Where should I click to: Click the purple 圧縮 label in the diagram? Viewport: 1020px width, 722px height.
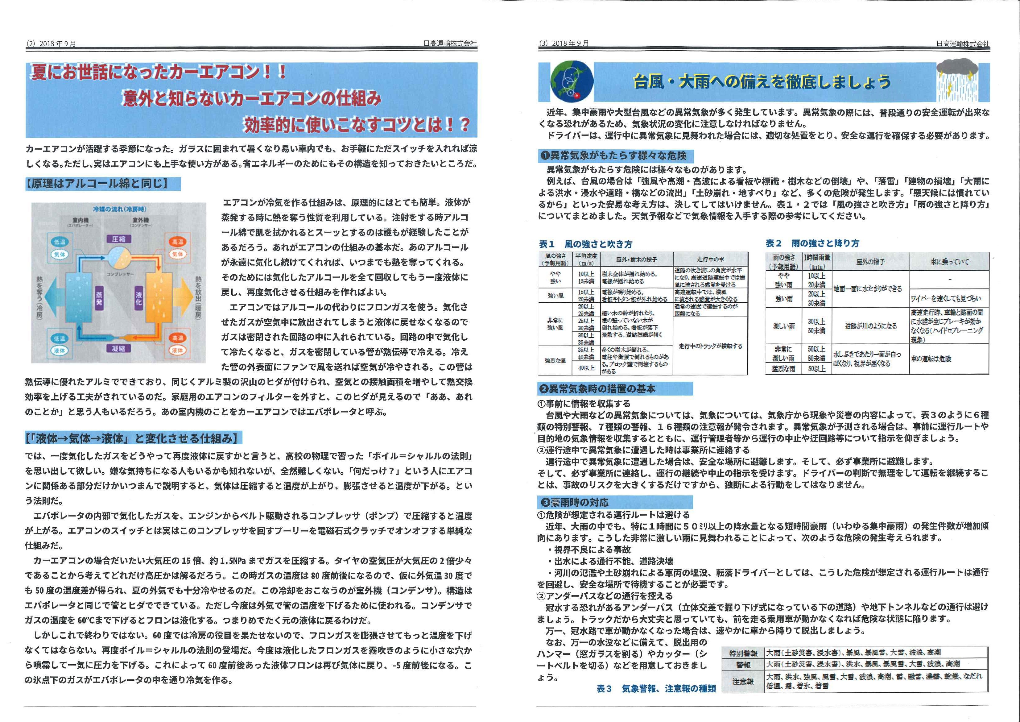pos(119,239)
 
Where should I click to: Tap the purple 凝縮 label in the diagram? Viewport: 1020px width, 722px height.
pos(119,348)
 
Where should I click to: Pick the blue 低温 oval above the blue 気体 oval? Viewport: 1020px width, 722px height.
pos(59,241)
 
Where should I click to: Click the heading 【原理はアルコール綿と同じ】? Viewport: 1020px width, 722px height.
pos(103,184)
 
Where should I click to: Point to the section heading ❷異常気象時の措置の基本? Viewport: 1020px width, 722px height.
pos(598,388)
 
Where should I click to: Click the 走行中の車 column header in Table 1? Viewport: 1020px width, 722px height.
pos(710,259)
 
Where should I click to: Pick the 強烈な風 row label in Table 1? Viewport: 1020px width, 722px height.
pos(555,361)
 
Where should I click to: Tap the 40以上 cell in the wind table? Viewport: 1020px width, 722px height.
pos(586,368)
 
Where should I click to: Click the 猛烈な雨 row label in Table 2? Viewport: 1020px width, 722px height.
pos(783,368)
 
